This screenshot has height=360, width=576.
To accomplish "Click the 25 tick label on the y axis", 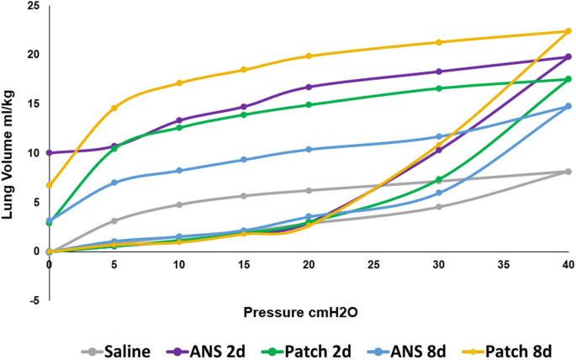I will click(33, 6).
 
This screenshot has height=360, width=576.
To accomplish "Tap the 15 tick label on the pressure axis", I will click(244, 264).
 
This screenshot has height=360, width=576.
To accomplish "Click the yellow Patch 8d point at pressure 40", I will click(568, 31).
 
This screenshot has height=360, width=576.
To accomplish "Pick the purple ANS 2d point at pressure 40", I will click(568, 57).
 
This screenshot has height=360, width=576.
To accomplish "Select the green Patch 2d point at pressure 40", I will click(568, 79).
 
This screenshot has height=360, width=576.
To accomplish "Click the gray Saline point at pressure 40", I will click(568, 172).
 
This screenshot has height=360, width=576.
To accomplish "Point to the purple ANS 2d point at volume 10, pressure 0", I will click(50, 153).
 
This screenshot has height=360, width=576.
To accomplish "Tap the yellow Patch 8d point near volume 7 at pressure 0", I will click(50, 185).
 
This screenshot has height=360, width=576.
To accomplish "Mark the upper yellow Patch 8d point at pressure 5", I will click(114, 108).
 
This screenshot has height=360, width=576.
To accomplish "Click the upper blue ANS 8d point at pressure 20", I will click(309, 150).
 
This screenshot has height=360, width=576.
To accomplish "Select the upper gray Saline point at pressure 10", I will click(179, 204).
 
